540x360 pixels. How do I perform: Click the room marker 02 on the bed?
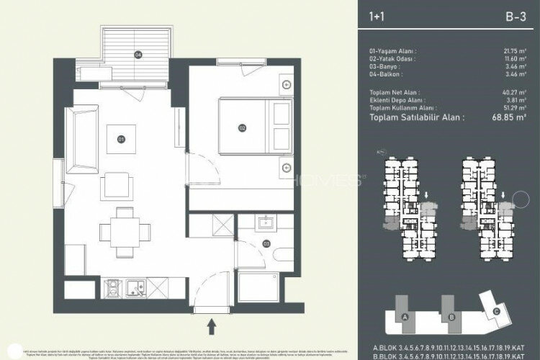point(243,128)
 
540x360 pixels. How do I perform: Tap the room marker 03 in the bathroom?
point(266,244)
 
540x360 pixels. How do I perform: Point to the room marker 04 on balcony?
point(138,53)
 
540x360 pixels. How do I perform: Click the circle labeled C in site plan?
point(498,310)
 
